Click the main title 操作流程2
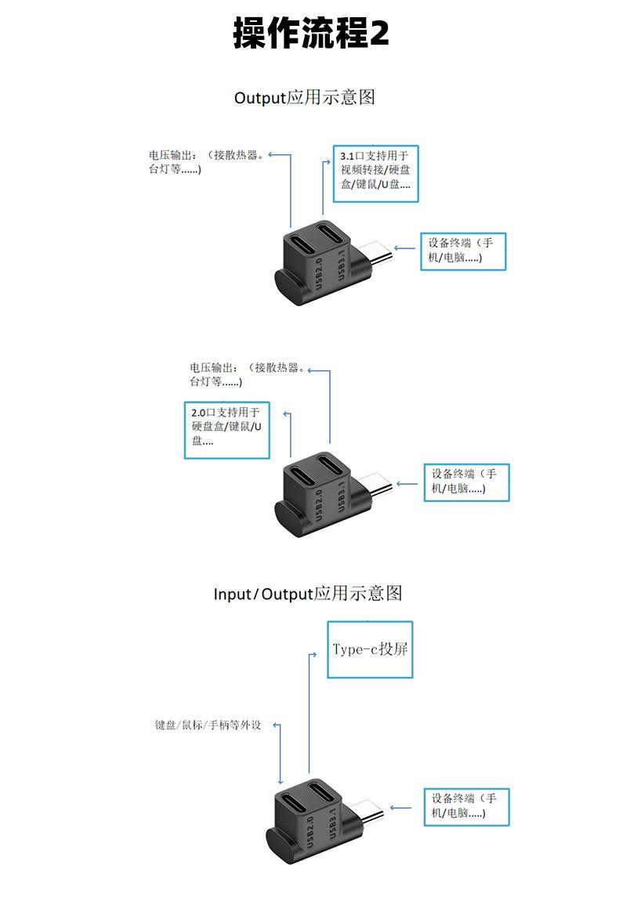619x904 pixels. tap(311, 32)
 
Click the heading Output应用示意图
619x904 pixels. tap(305, 97)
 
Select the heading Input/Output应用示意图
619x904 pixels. tap(308, 593)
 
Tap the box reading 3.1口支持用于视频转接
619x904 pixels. tap(375, 174)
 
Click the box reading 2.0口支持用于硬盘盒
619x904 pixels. tap(226, 430)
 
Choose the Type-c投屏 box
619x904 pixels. tap(370, 649)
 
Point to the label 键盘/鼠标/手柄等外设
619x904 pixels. tap(208, 725)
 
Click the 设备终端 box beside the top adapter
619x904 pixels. tap(463, 251)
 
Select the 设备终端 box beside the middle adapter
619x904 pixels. tap(467, 483)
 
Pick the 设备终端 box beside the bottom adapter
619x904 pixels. tap(467, 807)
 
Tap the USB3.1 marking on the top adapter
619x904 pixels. tap(341, 266)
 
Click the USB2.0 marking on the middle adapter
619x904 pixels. tap(319, 504)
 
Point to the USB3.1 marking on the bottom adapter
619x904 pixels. tap(333, 822)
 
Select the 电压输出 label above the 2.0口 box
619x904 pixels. tap(248, 374)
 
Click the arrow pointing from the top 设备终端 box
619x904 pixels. tap(404, 248)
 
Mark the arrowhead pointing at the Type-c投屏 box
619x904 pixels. tap(314, 655)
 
